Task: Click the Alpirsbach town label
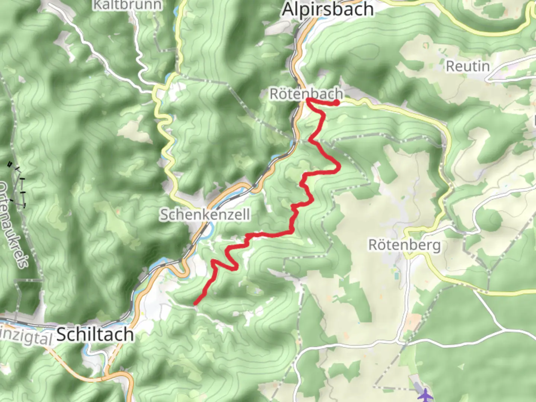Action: (x=328, y=9)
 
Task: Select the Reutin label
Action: (x=468, y=66)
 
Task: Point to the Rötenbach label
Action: (x=306, y=94)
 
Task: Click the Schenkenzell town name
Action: (x=205, y=215)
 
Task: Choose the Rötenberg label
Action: (x=404, y=245)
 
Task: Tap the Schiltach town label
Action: (x=95, y=334)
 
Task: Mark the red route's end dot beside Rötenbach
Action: (x=336, y=103)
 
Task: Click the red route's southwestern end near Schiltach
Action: (x=195, y=304)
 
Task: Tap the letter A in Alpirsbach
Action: (x=288, y=9)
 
